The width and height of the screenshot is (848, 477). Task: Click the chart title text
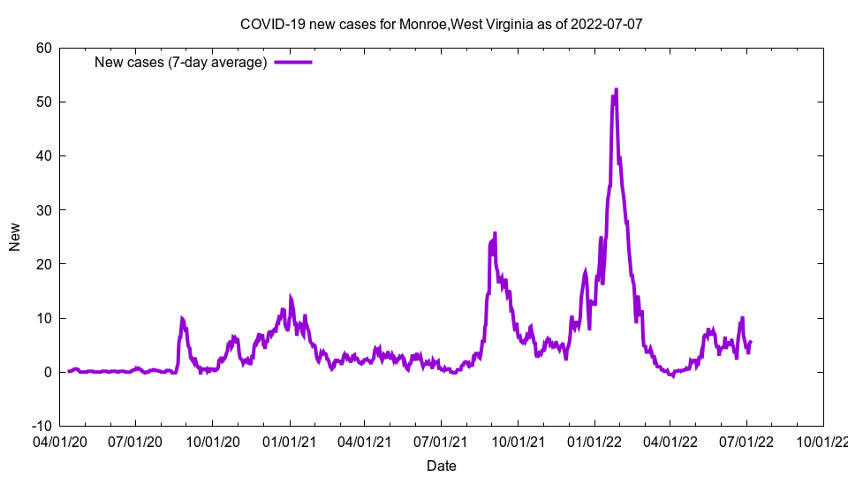coord(441,24)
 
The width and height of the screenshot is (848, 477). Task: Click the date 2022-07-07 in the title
coord(606,24)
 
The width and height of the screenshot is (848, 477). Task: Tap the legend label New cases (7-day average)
coord(181,62)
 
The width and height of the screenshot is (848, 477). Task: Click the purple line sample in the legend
coord(293,62)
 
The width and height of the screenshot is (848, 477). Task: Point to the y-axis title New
coord(15,237)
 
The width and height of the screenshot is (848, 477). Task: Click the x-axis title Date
coord(441,466)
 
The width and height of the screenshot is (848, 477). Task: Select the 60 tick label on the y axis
coord(43,48)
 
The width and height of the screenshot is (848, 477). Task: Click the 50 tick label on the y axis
coord(43,102)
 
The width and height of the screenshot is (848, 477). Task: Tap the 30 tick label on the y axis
coord(43,209)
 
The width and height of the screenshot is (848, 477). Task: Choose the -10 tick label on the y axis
coord(41,426)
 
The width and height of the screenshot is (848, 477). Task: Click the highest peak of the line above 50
coord(616,89)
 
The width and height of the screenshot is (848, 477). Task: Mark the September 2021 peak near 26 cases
coord(495,233)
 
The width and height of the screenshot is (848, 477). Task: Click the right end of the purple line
coord(750,342)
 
